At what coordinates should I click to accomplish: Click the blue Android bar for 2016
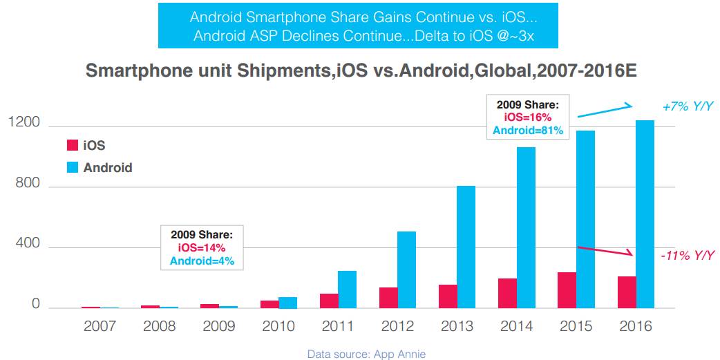tap(645, 214)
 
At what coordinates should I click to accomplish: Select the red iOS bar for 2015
tap(567, 290)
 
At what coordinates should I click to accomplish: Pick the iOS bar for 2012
tap(388, 298)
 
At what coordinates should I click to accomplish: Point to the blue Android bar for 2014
tap(526, 227)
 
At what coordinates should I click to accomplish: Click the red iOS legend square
tap(72, 145)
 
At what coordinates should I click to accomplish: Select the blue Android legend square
tap(72, 167)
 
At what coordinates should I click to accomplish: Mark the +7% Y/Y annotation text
tap(687, 107)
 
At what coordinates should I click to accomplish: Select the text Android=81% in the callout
tap(528, 130)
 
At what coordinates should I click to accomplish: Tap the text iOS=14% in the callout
tap(202, 248)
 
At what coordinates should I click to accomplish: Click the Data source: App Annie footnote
tap(366, 354)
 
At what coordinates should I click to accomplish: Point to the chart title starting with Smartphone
tap(359, 70)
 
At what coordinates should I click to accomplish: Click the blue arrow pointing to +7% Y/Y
tap(605, 110)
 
